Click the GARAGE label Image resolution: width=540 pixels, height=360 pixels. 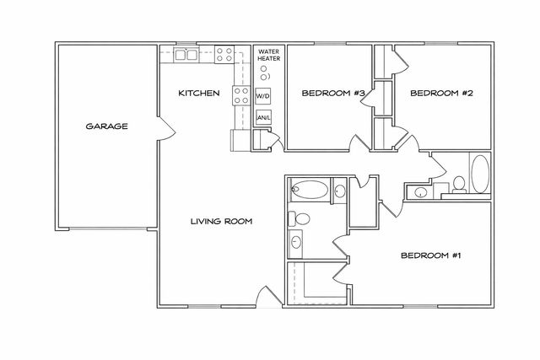click(x=106, y=126)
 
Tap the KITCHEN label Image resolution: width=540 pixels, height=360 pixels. click(x=199, y=93)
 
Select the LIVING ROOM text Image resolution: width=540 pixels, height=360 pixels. click(x=221, y=221)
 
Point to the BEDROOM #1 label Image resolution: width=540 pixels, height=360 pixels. click(x=430, y=255)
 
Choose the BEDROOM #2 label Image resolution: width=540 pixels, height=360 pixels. click(x=440, y=94)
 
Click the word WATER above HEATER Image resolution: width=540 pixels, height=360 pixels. click(x=267, y=51)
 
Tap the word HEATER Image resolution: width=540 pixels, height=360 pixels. click(x=267, y=60)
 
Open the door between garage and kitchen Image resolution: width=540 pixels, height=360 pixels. click(x=169, y=130)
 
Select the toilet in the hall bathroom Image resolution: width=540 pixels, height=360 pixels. click(x=460, y=183)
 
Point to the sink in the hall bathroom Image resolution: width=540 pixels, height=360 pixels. click(x=421, y=193)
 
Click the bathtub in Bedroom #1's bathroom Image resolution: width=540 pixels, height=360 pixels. click(x=309, y=189)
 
